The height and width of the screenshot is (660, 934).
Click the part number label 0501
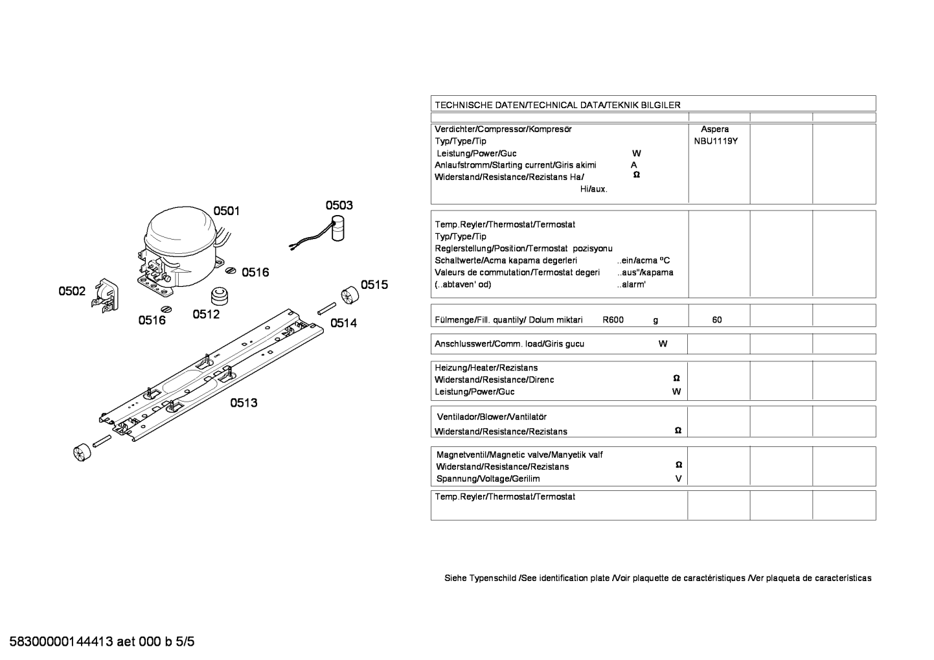tap(227, 211)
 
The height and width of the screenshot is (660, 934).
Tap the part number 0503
tap(339, 205)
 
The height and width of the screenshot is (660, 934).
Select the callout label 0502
tap(72, 291)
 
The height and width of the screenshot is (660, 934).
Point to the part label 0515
tap(374, 284)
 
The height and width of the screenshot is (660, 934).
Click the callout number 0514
tap(343, 323)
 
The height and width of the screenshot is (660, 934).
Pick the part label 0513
tap(244, 403)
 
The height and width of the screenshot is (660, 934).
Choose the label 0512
tap(206, 315)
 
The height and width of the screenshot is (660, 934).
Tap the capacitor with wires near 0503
tap(336, 232)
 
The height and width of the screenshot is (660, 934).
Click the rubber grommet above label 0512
tap(222, 295)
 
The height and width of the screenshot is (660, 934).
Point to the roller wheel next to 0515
tap(348, 295)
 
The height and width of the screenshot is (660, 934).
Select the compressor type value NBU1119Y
tap(716, 141)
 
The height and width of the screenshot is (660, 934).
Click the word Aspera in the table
tap(714, 130)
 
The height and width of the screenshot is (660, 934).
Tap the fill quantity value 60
tap(717, 320)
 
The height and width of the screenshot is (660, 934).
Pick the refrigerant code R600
tap(613, 320)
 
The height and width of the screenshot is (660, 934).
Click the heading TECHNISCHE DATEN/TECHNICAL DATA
tap(557, 104)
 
